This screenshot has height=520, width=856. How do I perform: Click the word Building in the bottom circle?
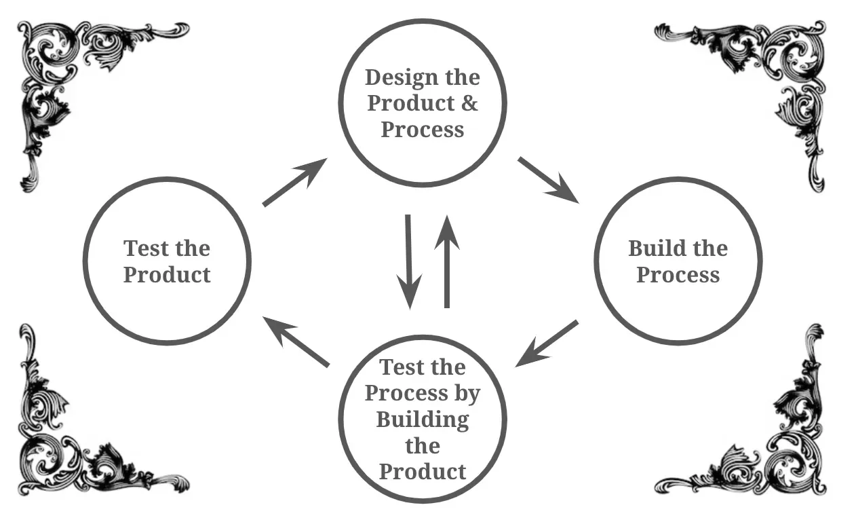click(422, 419)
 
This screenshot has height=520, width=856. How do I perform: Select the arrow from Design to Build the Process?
click(547, 180)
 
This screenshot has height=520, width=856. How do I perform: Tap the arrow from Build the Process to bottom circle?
click(547, 343)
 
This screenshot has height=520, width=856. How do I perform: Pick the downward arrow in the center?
click(409, 261)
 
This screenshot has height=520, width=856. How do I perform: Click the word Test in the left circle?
click(145, 248)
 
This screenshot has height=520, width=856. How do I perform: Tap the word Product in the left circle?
click(167, 275)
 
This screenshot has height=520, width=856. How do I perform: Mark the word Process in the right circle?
click(678, 275)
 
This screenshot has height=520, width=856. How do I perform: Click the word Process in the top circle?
click(422, 129)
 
